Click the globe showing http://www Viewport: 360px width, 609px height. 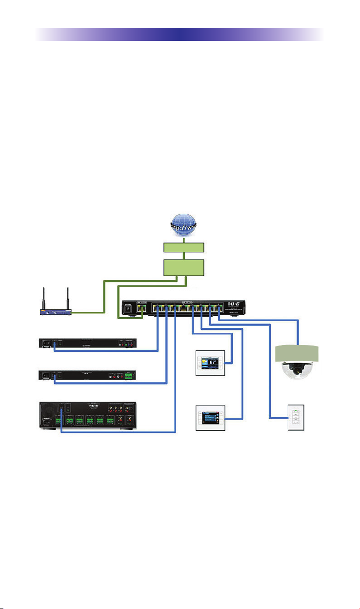(x=184, y=226)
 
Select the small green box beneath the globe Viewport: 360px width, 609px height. (x=184, y=247)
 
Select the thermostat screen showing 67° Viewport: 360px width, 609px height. (x=210, y=364)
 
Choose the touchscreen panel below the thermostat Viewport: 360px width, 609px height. (x=210, y=418)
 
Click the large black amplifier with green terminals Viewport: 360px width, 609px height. (x=87, y=416)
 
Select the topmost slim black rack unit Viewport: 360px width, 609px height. (x=87, y=343)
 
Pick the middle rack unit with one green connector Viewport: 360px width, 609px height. (x=87, y=376)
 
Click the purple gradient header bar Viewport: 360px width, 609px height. (x=180, y=35)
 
